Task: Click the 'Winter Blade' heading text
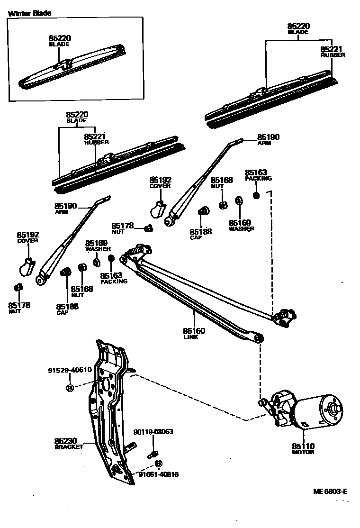point(30,13)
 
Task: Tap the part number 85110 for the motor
point(303,446)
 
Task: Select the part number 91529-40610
point(70,370)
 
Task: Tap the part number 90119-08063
point(153,432)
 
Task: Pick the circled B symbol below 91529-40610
point(70,388)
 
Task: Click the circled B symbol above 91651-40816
point(159,463)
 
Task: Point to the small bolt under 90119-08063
point(153,454)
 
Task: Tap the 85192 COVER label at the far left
point(27,237)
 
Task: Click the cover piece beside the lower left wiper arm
point(27,266)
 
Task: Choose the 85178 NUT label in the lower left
point(19,308)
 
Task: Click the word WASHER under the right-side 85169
point(241,228)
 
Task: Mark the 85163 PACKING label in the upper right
point(258,175)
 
